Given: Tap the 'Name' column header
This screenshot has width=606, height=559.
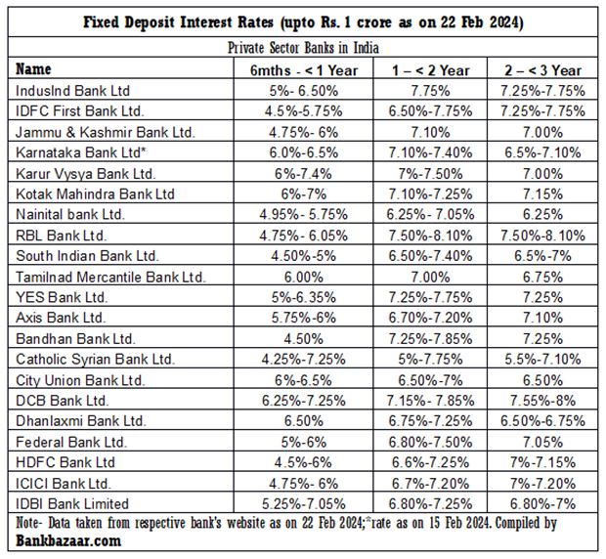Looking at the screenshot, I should [x=35, y=70].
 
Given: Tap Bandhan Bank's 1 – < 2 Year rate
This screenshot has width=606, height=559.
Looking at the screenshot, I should [x=424, y=339].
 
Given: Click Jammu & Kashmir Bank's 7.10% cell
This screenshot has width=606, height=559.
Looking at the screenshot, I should [x=424, y=131].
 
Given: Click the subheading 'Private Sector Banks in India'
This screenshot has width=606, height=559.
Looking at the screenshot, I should [x=302, y=47].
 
